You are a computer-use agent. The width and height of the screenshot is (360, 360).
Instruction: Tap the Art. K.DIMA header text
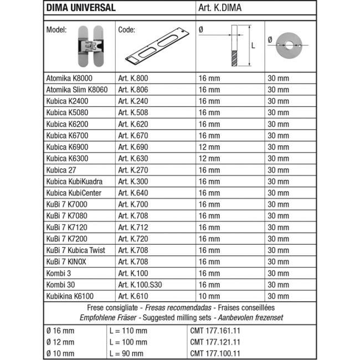click(x=220, y=8)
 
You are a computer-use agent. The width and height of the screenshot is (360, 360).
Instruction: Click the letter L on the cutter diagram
click(x=253, y=47)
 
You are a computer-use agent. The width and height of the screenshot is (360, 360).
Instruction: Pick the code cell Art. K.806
click(x=133, y=90)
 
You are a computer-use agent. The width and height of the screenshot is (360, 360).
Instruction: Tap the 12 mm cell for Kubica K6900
click(x=209, y=147)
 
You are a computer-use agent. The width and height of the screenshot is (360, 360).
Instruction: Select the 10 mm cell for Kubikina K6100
click(x=209, y=296)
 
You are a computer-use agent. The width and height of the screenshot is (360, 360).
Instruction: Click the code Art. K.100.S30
click(x=143, y=285)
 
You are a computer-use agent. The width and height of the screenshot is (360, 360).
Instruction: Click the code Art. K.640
click(x=133, y=193)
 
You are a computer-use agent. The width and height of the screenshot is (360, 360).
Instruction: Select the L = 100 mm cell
click(x=128, y=342)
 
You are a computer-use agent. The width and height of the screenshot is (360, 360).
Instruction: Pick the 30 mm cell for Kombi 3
click(x=279, y=273)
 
